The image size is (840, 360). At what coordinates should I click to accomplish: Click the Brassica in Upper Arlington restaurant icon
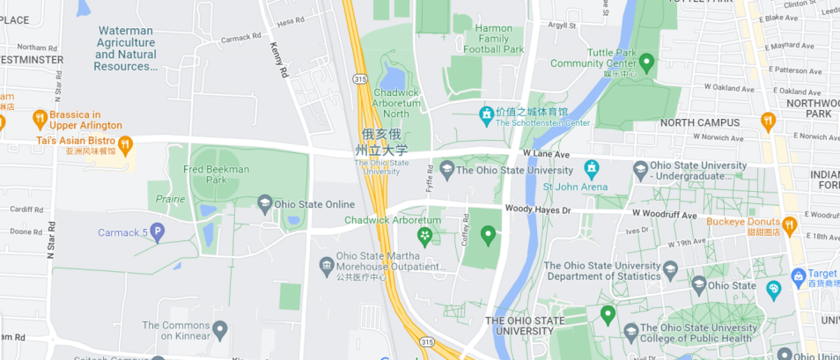click(x=40, y=118)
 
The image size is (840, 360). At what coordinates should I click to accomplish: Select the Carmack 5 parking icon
click(x=158, y=232)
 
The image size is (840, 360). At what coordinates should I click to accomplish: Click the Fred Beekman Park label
click(x=216, y=174)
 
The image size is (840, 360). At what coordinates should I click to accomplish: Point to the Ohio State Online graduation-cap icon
click(x=264, y=205)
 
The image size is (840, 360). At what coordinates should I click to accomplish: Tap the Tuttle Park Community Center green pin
click(x=647, y=62)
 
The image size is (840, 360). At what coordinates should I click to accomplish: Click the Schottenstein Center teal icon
click(x=485, y=114)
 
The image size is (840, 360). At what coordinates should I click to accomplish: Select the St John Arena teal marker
click(x=591, y=168)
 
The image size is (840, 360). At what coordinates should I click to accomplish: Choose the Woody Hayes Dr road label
click(x=537, y=209)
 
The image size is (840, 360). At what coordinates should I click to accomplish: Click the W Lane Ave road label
click(x=546, y=153)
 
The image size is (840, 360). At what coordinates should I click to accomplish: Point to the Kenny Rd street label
click(x=280, y=60)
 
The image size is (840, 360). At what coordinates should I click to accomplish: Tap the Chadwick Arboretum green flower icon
click(x=424, y=236)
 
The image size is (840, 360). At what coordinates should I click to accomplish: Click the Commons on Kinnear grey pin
click(x=220, y=330)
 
